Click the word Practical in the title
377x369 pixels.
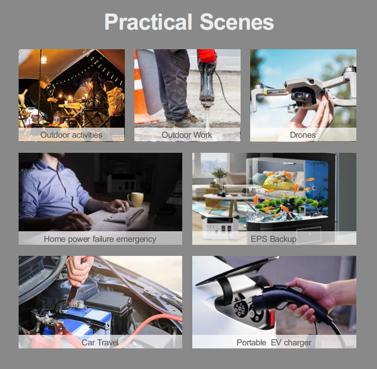point(148,22)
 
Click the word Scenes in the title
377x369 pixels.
point(237,22)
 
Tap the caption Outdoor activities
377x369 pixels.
point(71,135)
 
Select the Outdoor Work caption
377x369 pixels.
point(187,135)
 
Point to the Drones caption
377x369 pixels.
point(303,135)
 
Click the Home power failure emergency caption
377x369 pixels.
point(100,239)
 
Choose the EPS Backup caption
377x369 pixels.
point(273,239)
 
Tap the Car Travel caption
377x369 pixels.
point(100,342)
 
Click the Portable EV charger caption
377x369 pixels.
point(274,342)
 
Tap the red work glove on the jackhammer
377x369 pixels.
point(206,56)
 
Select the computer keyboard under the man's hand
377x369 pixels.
point(124,215)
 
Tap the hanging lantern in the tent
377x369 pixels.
point(44,59)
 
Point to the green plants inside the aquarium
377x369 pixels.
point(290,204)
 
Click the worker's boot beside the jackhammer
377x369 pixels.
point(189,120)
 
